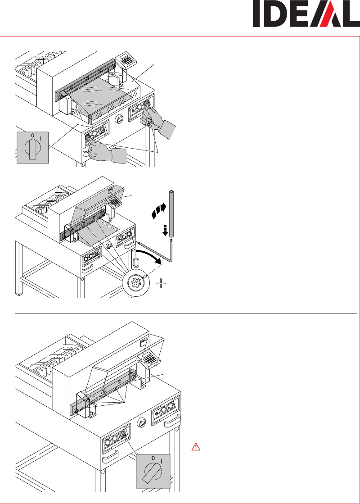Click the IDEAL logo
(x=306, y=14)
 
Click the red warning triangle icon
(x=196, y=446)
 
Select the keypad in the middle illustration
(x=115, y=201)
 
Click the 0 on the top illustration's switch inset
(x=32, y=136)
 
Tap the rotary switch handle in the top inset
(x=31, y=150)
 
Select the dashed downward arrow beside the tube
(x=165, y=231)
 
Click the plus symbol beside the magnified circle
(x=161, y=283)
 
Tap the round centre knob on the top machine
(x=119, y=119)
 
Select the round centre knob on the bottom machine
(x=142, y=424)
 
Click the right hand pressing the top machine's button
(x=158, y=119)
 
